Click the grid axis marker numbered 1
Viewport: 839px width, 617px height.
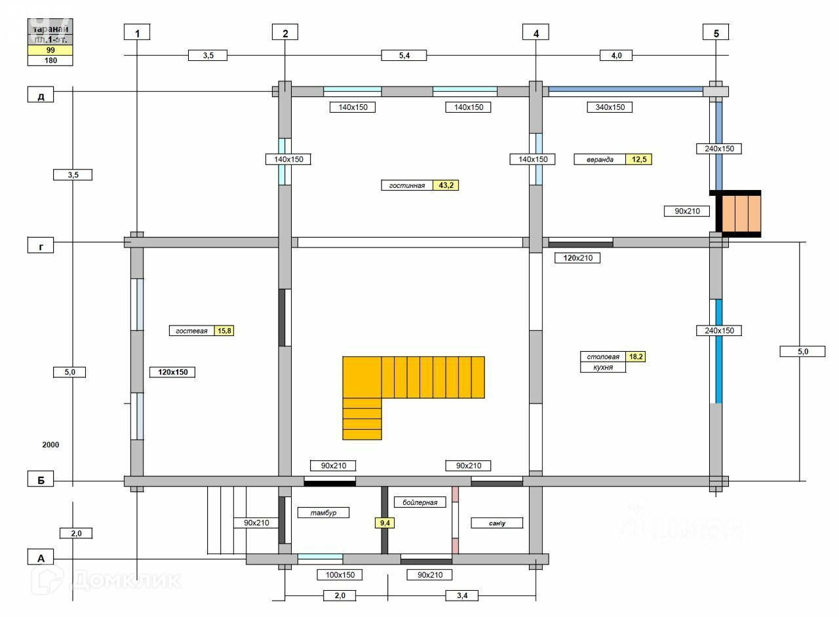click(137, 32)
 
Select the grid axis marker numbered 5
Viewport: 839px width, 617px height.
click(716, 32)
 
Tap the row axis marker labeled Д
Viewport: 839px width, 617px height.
click(41, 96)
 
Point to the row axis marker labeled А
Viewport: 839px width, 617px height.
click(41, 558)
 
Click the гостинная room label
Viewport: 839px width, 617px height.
click(407, 185)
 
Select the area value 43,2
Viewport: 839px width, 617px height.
click(446, 185)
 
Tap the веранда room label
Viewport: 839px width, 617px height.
click(600, 159)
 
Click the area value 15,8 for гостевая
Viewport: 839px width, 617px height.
click(224, 331)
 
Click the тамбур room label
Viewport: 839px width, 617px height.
click(323, 512)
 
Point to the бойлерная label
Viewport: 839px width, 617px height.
click(420, 502)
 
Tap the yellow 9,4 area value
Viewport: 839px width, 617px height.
click(384, 523)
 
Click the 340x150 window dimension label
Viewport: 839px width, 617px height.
click(610, 107)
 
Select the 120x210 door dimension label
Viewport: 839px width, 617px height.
click(577, 258)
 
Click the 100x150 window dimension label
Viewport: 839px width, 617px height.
click(340, 574)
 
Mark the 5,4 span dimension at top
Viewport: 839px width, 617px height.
click(404, 56)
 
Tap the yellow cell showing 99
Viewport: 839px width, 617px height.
click(50, 50)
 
